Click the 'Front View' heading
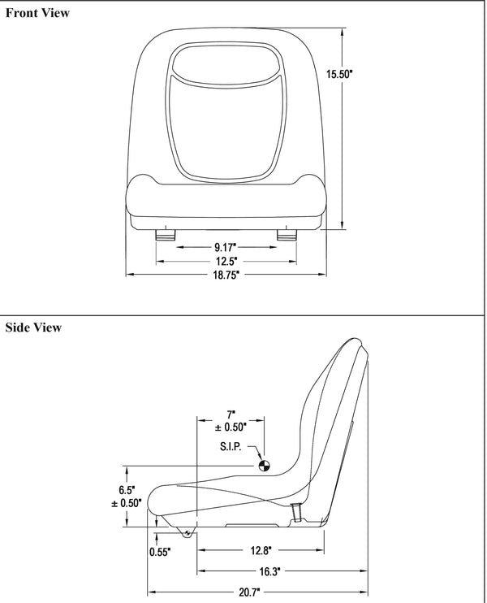pyautogui.click(x=37, y=13)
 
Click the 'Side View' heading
pyautogui.click(x=33, y=328)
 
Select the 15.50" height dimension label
pyautogui.click(x=339, y=74)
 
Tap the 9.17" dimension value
pyautogui.click(x=226, y=246)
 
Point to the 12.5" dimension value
pyautogui.click(x=226, y=261)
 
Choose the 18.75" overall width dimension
pyautogui.click(x=226, y=275)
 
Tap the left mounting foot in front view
pyautogui.click(x=165, y=234)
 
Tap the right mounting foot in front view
pyautogui.click(x=287, y=234)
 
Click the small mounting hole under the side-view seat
pyautogui.click(x=187, y=533)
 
